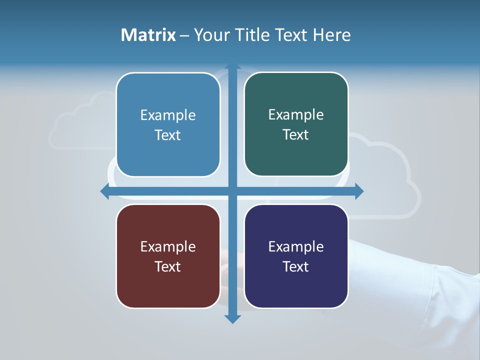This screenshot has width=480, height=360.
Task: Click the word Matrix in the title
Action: tap(148, 35)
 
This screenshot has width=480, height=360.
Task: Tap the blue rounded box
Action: tap(168, 125)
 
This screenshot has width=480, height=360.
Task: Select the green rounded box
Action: tap(296, 124)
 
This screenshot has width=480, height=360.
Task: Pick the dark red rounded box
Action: tap(168, 256)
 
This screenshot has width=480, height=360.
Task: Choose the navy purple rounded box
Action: tap(296, 256)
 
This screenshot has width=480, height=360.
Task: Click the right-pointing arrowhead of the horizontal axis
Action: tap(358, 191)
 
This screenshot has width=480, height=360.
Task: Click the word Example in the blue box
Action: tap(168, 115)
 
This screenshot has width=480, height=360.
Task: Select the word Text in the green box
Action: tap(296, 135)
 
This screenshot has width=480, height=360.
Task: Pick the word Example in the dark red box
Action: tap(168, 246)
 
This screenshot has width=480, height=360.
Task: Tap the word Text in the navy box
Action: tap(296, 266)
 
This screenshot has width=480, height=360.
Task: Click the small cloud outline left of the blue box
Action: tap(80, 125)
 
